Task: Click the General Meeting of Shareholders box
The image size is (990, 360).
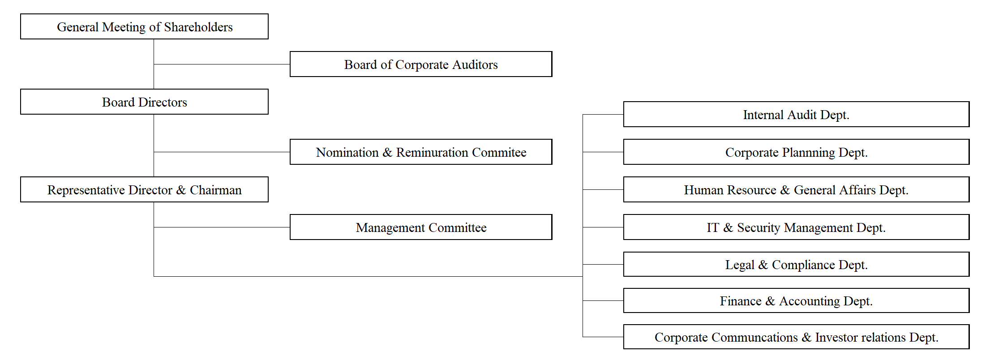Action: [x=144, y=26]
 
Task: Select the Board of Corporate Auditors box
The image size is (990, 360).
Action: [x=421, y=64]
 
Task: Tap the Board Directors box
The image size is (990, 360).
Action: [x=144, y=102]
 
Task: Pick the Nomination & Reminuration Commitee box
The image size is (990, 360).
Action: [x=421, y=152]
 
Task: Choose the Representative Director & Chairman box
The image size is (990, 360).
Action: [x=144, y=189]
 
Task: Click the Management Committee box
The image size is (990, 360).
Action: [x=421, y=227]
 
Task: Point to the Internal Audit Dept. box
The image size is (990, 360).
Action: [x=796, y=114]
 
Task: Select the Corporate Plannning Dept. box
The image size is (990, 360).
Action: [x=796, y=152]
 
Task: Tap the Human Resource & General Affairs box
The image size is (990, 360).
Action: [x=796, y=189]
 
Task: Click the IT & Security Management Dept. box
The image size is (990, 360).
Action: [x=796, y=227]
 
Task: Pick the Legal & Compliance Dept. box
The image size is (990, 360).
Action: [x=796, y=264]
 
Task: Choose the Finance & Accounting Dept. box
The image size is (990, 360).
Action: [x=796, y=300]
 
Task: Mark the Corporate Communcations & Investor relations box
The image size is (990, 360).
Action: [x=796, y=337]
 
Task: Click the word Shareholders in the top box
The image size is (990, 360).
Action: [x=198, y=27]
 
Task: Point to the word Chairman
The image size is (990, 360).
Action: [x=216, y=190]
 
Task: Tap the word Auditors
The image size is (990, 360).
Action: [x=475, y=64]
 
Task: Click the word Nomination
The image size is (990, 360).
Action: [x=347, y=152]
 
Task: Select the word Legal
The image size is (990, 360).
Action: [x=740, y=265]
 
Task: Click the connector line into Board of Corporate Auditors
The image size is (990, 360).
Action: [x=222, y=64]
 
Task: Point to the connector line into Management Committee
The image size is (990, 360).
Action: [x=222, y=227]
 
